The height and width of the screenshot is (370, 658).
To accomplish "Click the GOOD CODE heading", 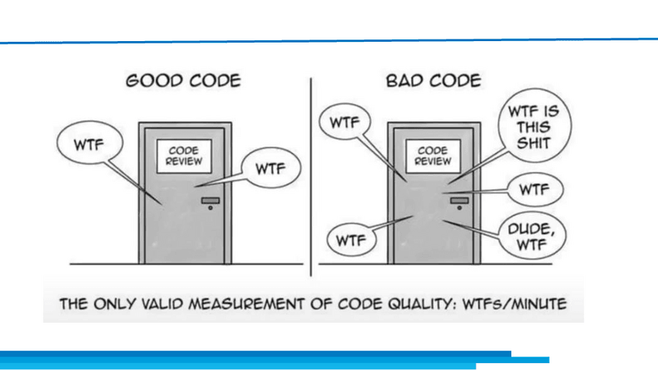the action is click(182, 81).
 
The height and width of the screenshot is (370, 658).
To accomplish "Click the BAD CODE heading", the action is click(433, 81).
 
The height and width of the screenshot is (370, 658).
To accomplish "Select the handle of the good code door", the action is click(210, 201).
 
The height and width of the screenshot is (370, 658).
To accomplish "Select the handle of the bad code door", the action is click(459, 201).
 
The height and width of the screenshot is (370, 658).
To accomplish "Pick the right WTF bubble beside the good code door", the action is click(271, 168).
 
